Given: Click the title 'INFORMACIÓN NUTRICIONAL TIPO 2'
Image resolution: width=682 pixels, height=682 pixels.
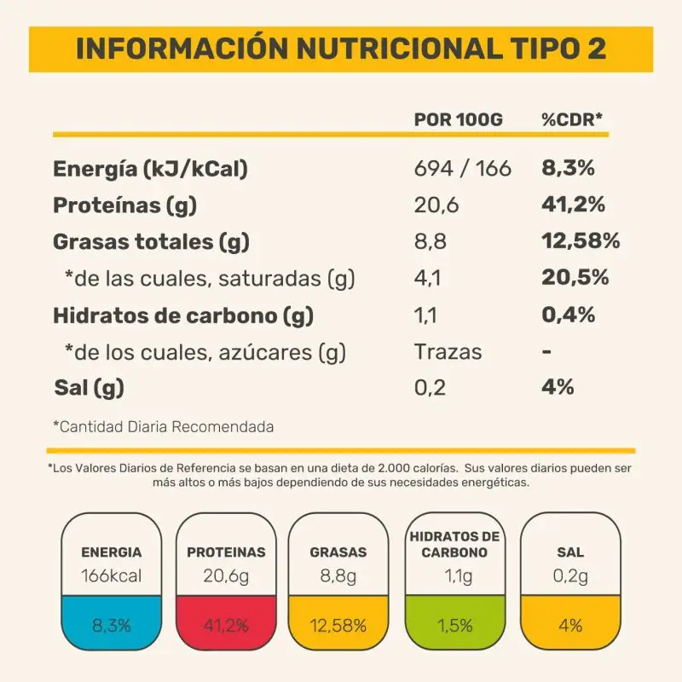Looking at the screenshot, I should [x=341, y=49].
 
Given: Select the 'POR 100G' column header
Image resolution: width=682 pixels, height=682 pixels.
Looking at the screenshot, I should [x=458, y=119].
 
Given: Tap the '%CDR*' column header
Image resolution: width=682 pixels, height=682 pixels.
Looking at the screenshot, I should [x=572, y=119].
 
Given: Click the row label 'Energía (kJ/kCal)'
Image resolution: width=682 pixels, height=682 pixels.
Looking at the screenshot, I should [x=150, y=169].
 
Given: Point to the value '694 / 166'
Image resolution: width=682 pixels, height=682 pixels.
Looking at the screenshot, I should [x=462, y=169].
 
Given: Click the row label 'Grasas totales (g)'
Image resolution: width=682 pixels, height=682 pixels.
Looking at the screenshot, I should [x=151, y=242].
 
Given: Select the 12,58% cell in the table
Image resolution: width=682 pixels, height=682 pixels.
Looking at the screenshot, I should [x=581, y=242].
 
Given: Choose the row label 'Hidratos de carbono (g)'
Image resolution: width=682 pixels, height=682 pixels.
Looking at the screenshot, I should [x=183, y=315].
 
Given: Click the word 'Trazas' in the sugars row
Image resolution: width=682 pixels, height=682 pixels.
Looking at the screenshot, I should [x=448, y=351].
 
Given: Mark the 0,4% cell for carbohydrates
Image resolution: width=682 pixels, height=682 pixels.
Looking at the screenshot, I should [x=569, y=315].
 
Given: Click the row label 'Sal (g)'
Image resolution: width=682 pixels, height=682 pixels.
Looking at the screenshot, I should [x=89, y=388].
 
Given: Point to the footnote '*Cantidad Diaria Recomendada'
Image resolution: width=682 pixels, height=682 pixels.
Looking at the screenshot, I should [x=164, y=425].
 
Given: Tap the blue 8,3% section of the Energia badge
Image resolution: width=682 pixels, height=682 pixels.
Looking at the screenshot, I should [x=111, y=626].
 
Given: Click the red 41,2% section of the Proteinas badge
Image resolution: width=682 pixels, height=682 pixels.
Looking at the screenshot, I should [x=226, y=626].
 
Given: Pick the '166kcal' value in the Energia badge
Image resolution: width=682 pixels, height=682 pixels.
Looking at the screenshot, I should [x=111, y=576].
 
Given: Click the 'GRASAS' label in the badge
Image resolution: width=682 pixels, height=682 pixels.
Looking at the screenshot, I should [x=338, y=552].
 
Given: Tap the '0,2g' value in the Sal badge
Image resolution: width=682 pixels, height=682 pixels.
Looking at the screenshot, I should [x=569, y=576].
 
